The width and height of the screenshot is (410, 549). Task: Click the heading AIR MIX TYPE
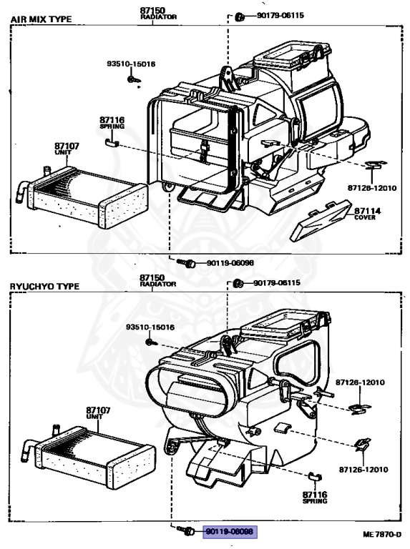(x=40, y=19)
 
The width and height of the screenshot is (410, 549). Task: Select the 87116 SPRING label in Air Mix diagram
(x=112, y=122)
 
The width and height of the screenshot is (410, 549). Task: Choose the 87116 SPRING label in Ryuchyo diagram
(x=315, y=495)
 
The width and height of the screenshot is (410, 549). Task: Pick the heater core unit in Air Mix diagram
(x=82, y=197)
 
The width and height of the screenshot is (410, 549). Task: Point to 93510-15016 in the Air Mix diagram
(x=131, y=64)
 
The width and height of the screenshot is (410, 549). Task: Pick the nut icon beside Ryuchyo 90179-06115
(x=238, y=283)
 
